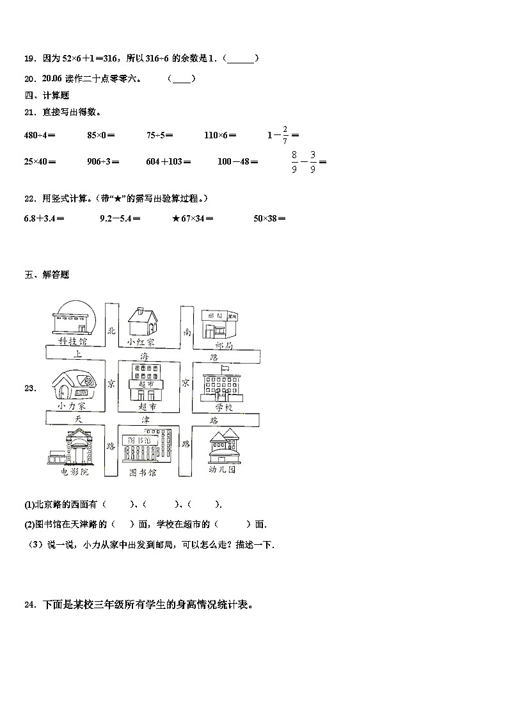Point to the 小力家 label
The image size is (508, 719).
point(71,406)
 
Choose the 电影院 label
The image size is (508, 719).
point(74,472)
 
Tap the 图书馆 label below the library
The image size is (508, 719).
point(143,473)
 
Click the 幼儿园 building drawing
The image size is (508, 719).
point(223,446)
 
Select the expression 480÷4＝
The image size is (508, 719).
point(40,135)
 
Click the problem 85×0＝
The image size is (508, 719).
point(101,135)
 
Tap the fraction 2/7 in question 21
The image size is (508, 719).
point(285,135)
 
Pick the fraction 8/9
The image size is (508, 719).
point(294,162)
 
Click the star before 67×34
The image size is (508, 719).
point(176,218)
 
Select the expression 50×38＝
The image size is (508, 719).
point(269,218)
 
